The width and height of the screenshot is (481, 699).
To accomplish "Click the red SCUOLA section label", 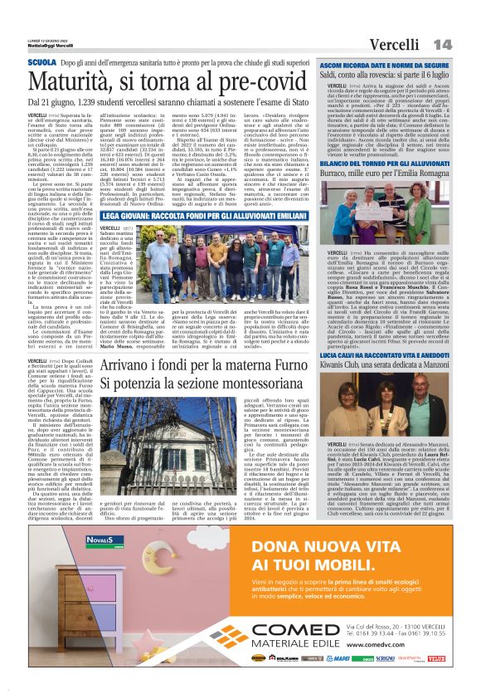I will pyautogui.click(x=42, y=62).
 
